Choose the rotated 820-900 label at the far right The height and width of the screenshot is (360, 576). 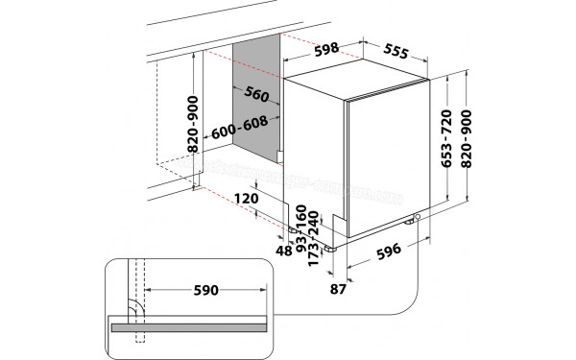pyautogui.click(x=467, y=137)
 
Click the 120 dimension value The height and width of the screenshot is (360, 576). pyautogui.click(x=247, y=199)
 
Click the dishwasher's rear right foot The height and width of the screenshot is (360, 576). pyautogui.click(x=420, y=222)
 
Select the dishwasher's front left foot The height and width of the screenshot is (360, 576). pyautogui.click(x=332, y=247)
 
